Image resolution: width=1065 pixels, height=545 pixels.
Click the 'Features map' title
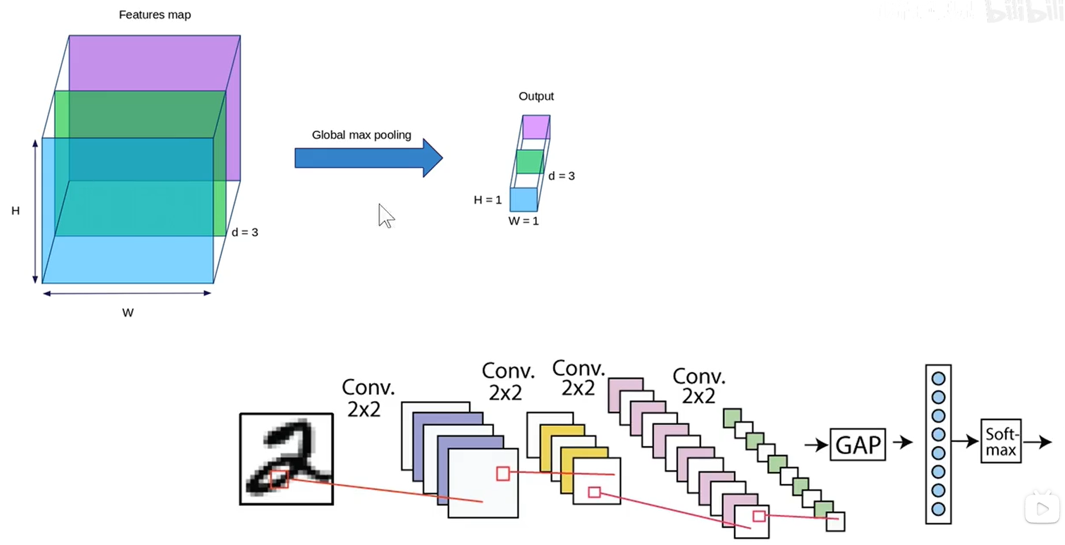155,15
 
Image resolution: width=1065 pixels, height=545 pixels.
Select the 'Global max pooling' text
361,135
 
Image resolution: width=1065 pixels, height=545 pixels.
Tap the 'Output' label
536,96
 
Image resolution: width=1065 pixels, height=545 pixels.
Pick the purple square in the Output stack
536,127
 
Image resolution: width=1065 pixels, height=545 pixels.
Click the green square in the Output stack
529,162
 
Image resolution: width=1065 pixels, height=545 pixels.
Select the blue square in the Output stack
524,200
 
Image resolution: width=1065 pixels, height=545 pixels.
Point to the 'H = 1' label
487,200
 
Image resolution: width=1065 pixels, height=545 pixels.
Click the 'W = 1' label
524,221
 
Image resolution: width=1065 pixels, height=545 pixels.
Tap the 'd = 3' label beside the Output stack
561,176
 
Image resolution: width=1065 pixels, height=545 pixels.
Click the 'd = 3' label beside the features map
245,232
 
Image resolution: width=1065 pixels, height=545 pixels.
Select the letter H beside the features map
15,211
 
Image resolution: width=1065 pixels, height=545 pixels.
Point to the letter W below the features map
127,313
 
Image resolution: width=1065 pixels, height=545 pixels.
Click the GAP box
857,445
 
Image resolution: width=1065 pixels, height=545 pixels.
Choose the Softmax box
1001,442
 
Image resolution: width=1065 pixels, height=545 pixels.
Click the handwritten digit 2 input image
286,459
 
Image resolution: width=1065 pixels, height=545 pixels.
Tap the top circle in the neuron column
938,379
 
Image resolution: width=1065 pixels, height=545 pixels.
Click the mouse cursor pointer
386,216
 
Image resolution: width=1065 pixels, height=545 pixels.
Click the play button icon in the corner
1042,508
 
